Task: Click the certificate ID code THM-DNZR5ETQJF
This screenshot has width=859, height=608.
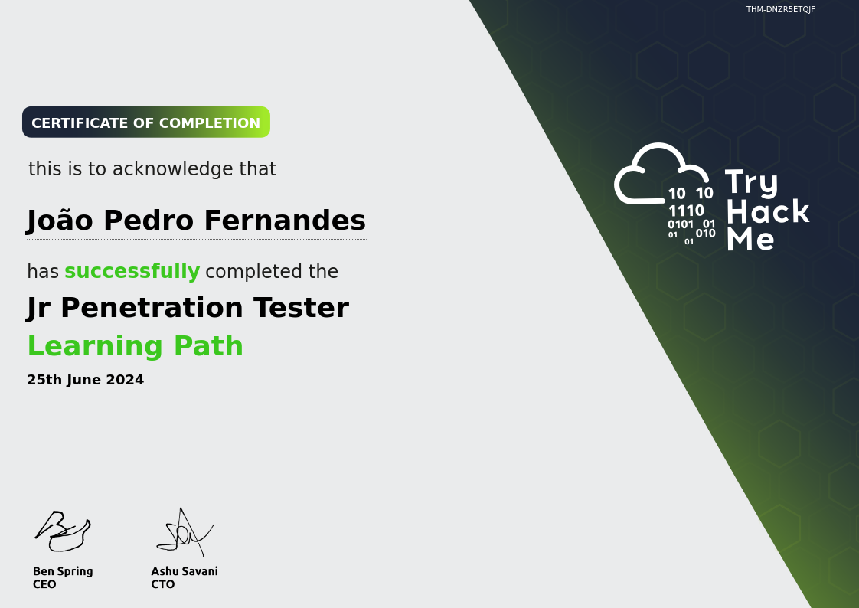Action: tap(780, 9)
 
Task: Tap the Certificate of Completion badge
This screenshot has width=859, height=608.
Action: tap(146, 123)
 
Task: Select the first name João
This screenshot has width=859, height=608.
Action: tap(60, 221)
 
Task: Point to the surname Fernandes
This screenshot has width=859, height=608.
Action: tap(285, 221)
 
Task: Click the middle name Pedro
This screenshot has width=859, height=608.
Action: tap(149, 221)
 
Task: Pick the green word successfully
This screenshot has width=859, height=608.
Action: tap(132, 271)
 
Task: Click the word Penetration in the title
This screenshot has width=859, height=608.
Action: tap(152, 307)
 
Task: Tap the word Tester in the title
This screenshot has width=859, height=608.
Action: tap(301, 307)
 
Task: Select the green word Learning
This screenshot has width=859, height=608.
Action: tap(96, 346)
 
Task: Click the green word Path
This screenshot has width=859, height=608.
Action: tap(208, 345)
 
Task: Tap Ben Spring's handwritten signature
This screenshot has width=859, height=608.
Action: tap(63, 531)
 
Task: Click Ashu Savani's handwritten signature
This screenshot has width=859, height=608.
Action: tap(185, 532)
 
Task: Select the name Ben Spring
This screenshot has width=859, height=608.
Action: tap(63, 572)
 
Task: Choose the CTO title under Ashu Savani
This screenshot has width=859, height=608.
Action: tap(163, 584)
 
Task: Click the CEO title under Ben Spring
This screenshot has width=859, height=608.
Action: tap(44, 584)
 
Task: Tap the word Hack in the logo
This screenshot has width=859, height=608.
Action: tap(768, 211)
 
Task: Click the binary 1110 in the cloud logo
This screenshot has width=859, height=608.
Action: tap(686, 211)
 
